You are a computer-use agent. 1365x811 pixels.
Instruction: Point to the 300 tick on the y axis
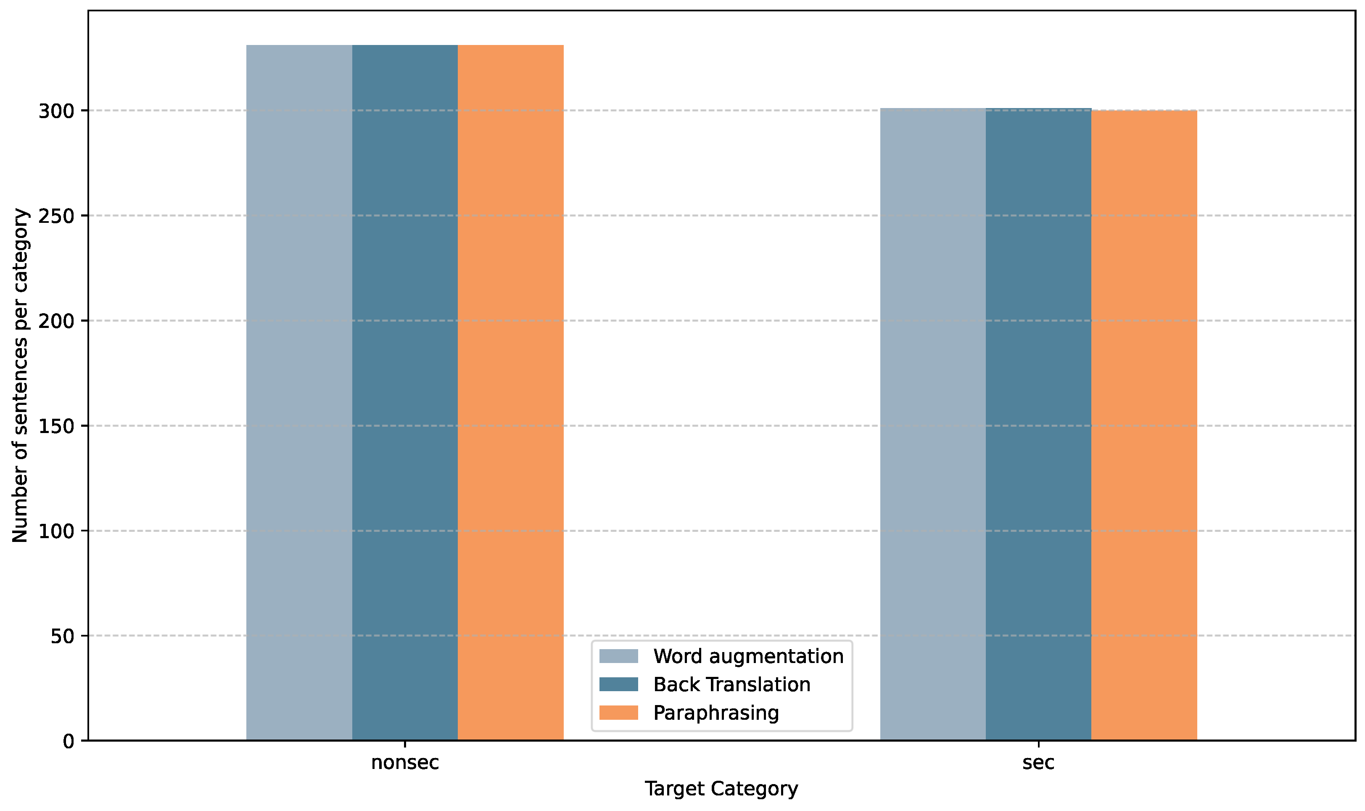tap(56, 111)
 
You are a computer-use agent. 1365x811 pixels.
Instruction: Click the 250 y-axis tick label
tap(56, 216)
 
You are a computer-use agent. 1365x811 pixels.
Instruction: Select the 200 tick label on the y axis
tap(56, 321)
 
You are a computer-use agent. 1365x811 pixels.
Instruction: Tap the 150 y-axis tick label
tap(56, 426)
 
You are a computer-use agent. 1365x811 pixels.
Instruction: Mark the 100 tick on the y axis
tap(56, 531)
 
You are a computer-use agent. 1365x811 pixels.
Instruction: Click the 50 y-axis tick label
tap(62, 636)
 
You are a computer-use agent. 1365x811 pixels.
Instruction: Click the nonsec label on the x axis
tap(405, 762)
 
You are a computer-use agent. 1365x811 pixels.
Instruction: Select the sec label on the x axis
tap(1038, 762)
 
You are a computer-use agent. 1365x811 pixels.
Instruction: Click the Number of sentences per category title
tap(20, 375)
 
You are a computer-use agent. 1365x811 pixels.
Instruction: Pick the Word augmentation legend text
tap(748, 656)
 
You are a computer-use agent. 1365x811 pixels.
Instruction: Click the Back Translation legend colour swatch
tap(618, 684)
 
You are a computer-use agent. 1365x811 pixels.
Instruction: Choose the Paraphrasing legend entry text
tap(716, 713)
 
